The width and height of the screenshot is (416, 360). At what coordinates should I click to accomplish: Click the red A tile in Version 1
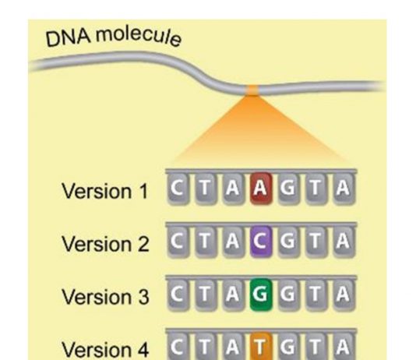(261, 189)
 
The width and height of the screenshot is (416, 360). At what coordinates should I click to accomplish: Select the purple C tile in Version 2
(261, 242)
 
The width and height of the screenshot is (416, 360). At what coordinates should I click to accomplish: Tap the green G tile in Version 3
(261, 295)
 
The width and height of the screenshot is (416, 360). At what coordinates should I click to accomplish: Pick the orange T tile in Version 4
(261, 346)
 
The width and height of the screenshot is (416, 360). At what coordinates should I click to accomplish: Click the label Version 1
(104, 191)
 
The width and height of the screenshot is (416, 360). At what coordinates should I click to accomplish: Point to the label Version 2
(105, 244)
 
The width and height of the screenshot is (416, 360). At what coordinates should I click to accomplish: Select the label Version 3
(105, 297)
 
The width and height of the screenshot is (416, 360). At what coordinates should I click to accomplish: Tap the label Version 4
(105, 349)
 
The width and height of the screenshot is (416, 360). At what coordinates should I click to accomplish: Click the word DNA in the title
(68, 39)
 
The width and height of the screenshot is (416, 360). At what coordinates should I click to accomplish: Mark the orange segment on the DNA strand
(252, 90)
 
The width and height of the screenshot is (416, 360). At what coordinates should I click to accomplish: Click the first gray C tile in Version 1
(178, 189)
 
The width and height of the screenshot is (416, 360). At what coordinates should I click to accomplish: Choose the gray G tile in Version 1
(288, 189)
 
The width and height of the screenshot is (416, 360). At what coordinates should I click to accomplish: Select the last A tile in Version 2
(344, 242)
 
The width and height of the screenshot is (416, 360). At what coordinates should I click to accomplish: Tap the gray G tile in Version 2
(288, 242)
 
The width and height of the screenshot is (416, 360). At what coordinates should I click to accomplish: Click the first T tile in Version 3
(206, 295)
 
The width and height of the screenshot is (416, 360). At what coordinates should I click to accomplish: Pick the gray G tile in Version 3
(288, 295)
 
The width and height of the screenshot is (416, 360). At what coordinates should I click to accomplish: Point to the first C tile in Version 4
(178, 346)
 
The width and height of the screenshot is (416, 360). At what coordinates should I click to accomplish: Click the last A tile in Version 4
(344, 346)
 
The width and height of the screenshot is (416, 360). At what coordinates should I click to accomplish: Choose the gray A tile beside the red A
(233, 189)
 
